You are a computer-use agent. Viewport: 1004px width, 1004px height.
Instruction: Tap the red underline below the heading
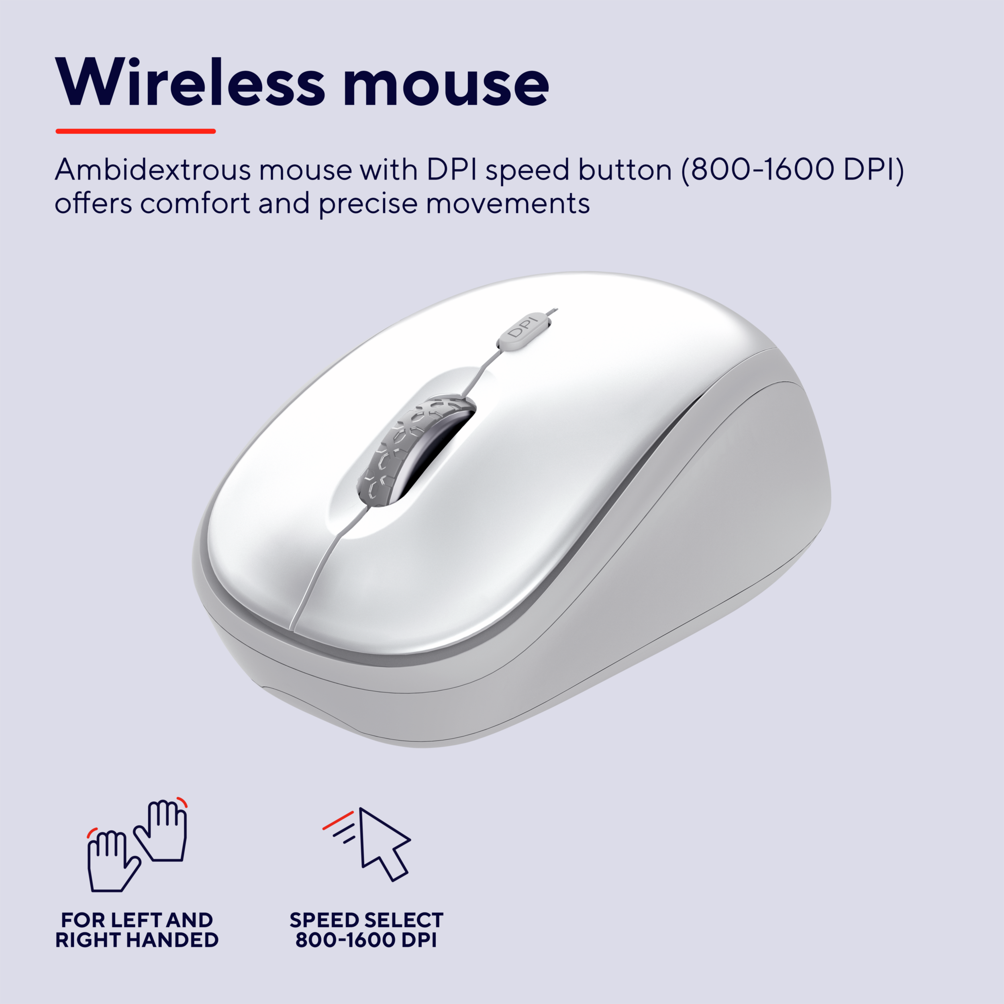[x=136, y=131]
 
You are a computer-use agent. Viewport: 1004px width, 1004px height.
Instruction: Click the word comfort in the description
[x=196, y=203]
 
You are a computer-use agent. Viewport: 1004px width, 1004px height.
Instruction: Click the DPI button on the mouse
[x=524, y=331]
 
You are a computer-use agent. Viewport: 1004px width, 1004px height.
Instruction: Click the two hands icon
[x=137, y=845]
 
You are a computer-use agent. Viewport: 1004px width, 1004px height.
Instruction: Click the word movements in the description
[x=508, y=204]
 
